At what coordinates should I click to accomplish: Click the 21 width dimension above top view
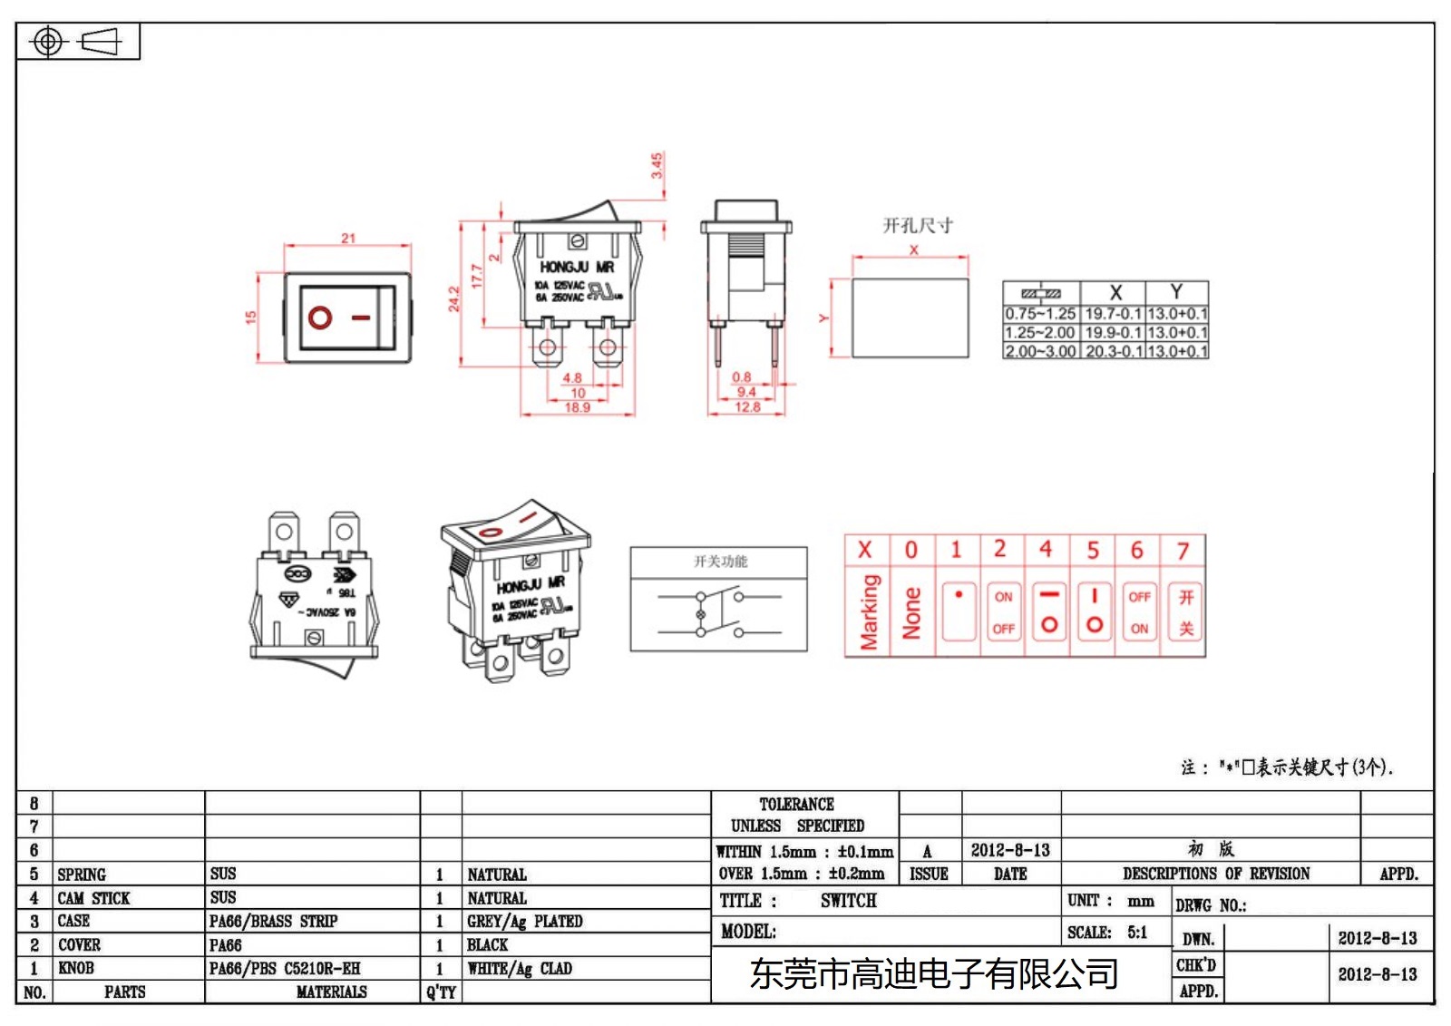click(348, 238)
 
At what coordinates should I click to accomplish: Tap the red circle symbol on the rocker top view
click(319, 318)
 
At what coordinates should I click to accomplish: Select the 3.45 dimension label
click(657, 165)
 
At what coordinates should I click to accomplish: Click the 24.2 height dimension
click(453, 299)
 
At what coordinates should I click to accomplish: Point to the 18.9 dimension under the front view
click(577, 407)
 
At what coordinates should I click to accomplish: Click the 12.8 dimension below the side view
click(747, 407)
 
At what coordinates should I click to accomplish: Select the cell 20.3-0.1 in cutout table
click(1113, 351)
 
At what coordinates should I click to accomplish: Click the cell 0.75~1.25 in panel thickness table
click(1040, 314)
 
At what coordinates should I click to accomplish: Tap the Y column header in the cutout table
click(1176, 292)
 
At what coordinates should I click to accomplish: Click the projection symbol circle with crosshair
click(48, 42)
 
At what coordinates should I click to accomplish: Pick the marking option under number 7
click(1185, 612)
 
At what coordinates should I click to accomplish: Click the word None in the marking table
click(911, 612)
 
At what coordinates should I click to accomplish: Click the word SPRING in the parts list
click(82, 875)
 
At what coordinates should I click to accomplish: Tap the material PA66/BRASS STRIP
click(273, 922)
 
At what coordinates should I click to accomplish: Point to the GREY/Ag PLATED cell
click(524, 922)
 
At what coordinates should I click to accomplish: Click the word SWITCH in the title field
click(848, 901)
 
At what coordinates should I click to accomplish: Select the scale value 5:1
click(1137, 933)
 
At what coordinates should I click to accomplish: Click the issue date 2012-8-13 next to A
click(1009, 851)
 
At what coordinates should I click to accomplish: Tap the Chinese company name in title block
click(933, 974)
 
